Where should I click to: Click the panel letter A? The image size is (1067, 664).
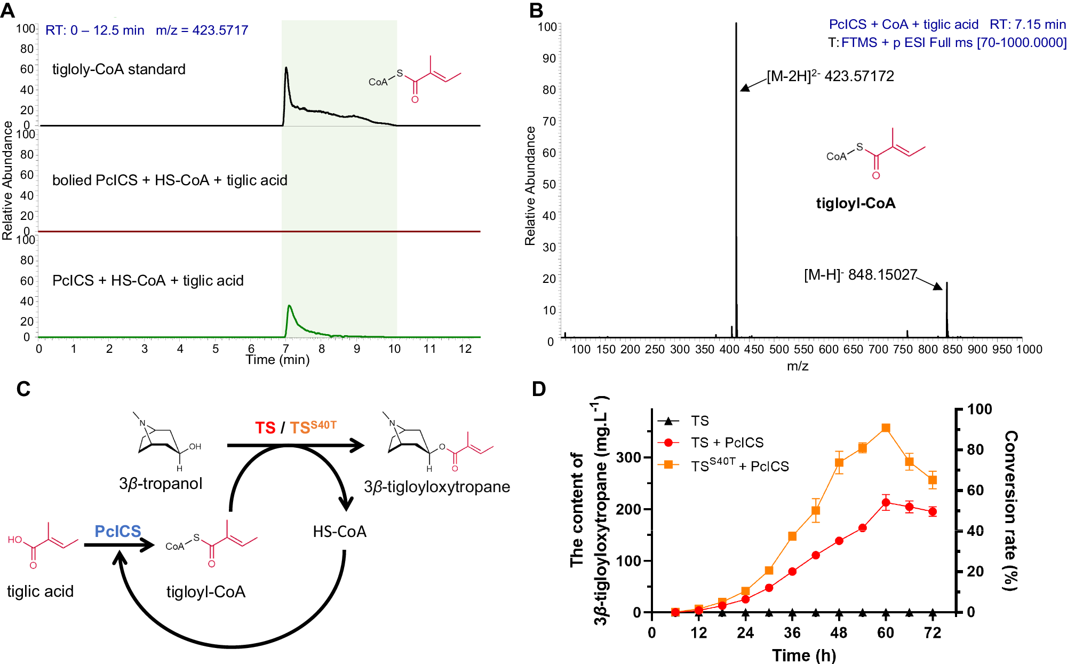[x=7, y=10]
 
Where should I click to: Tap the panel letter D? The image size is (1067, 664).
[x=539, y=389]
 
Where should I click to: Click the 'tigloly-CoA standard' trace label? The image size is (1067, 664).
[x=118, y=69]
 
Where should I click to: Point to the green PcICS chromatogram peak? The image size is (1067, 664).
[x=289, y=306]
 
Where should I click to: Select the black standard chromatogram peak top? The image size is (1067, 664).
[x=286, y=68]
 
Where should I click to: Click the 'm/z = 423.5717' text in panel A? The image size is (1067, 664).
[x=202, y=30]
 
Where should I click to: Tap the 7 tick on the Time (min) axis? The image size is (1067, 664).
[x=286, y=349]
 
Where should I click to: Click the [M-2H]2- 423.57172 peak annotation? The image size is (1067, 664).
[x=830, y=76]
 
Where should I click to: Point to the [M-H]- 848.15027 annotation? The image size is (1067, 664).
[x=860, y=275]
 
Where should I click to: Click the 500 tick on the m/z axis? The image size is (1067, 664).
[x=779, y=350]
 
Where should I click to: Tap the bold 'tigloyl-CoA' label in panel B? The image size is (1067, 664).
[x=856, y=203]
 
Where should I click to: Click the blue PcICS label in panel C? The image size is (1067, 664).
[x=118, y=531]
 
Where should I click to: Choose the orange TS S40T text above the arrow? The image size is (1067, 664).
[x=313, y=427]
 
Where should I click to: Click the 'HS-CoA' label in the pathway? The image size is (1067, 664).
[x=339, y=532]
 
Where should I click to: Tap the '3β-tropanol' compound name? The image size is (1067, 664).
[x=161, y=484]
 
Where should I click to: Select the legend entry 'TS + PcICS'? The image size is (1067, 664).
[x=727, y=442]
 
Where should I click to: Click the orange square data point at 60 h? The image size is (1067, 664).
[x=886, y=428]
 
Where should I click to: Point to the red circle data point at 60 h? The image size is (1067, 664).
[x=886, y=502]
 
